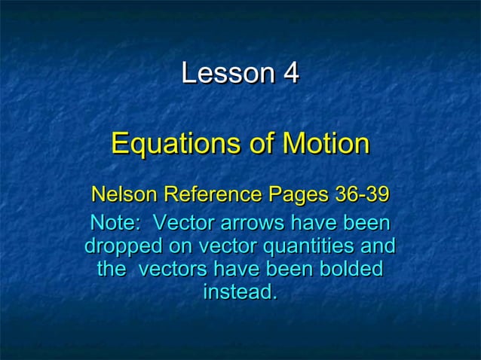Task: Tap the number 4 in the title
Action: click(291, 74)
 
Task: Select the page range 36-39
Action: click(361, 195)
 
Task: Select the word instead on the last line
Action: click(240, 291)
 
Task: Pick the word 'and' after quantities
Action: click(378, 246)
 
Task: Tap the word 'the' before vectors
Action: click(112, 269)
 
